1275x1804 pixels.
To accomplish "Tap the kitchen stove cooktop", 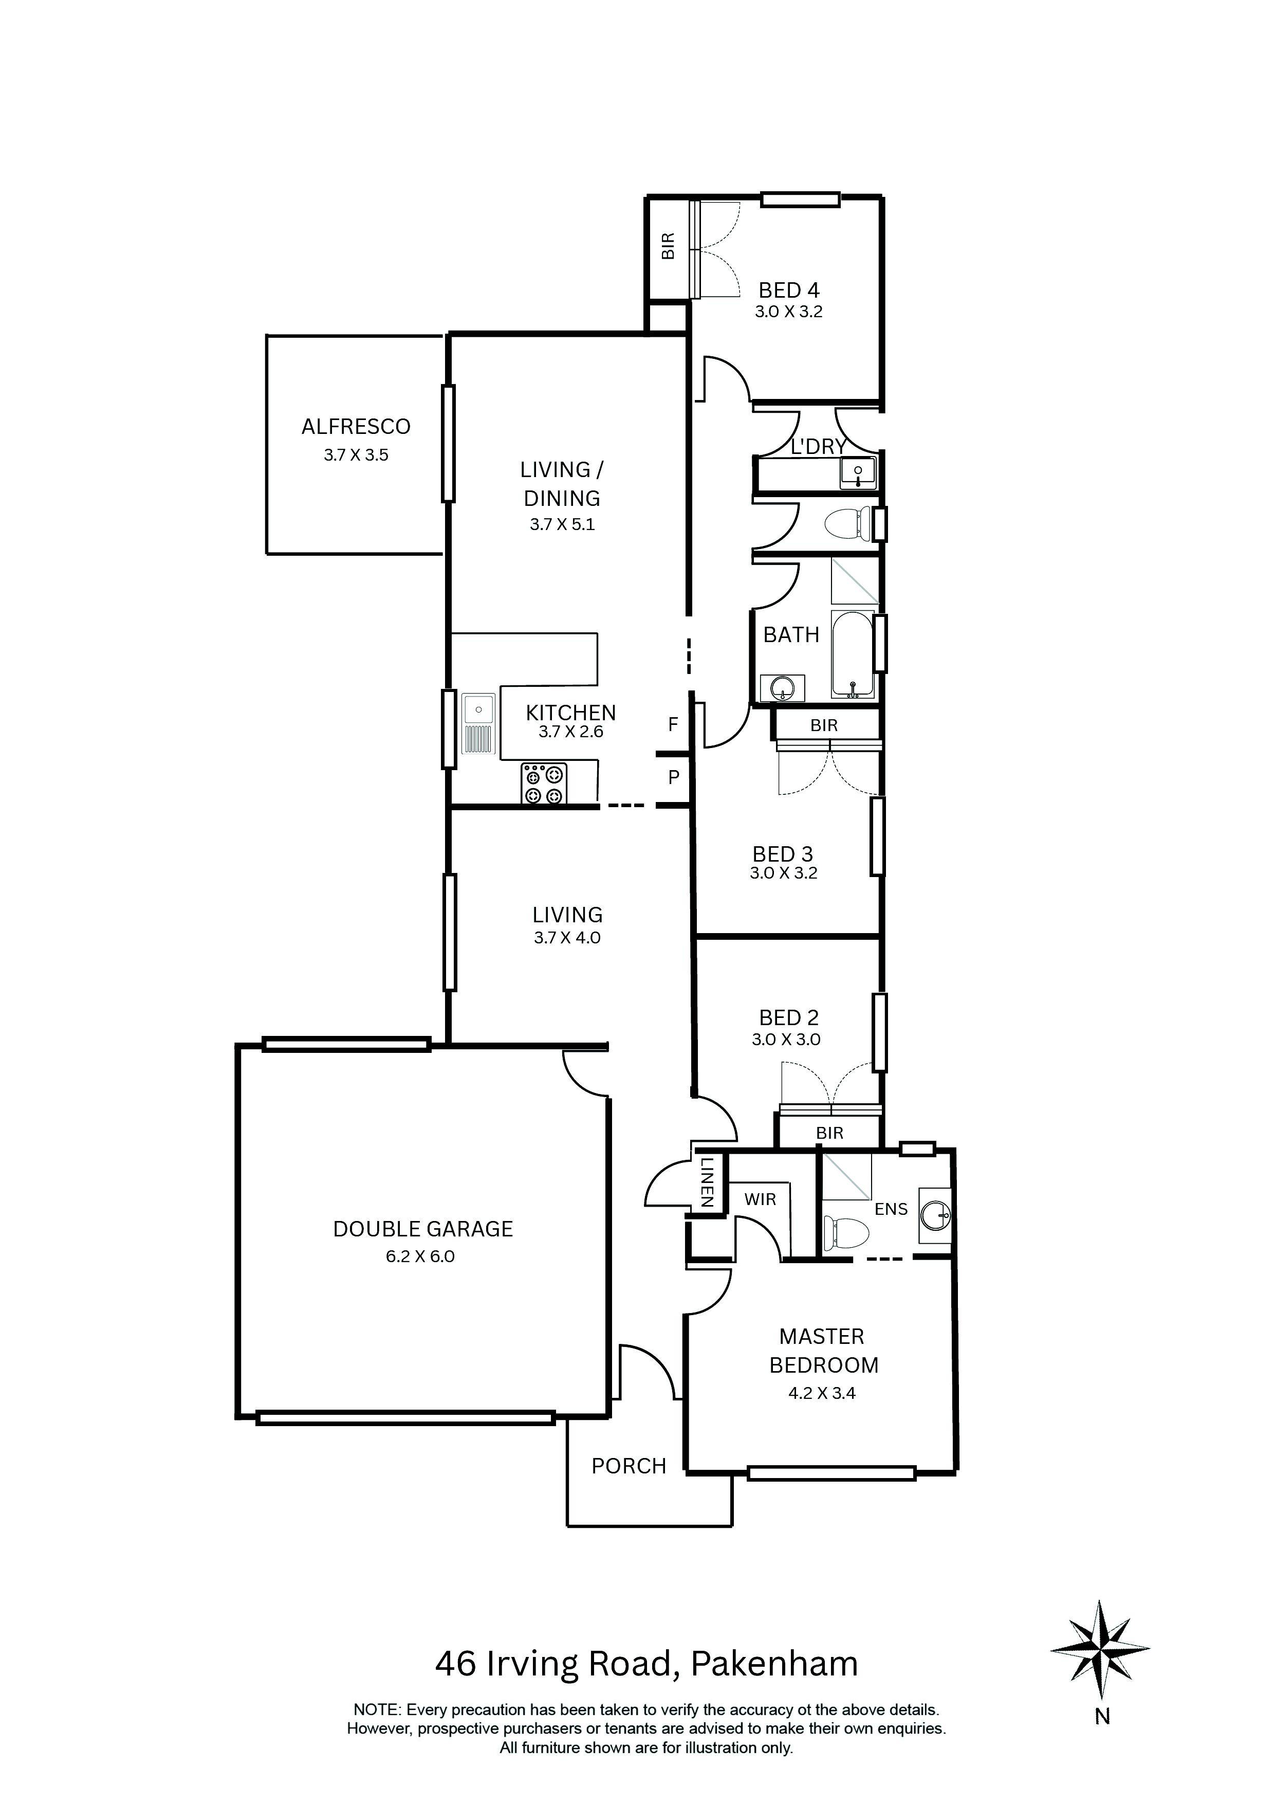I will coord(544,784).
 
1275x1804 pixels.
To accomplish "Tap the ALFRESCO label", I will coord(356,427).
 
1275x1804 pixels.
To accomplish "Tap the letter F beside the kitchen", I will coord(673,724).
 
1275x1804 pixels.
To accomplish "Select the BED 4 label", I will coord(789,290).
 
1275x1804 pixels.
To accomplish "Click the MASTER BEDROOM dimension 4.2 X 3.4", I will coord(822,1393).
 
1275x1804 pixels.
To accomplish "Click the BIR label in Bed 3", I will coord(824,725).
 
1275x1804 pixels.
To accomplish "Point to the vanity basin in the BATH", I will coord(783,689).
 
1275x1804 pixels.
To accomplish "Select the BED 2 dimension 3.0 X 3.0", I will coord(786,1040).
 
